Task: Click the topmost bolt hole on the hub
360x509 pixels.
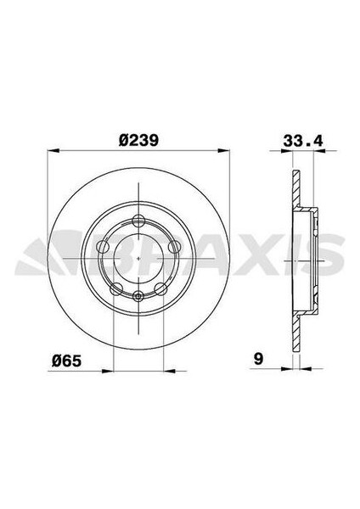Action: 138,221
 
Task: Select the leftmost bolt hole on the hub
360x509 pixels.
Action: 103,247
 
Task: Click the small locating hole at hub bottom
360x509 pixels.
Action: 138,295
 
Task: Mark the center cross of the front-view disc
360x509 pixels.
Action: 138,258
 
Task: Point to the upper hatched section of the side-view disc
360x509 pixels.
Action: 295,191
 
